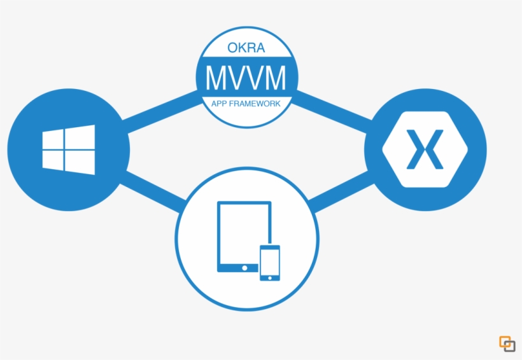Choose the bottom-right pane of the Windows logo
[x=81, y=163]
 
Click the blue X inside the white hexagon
[x=425, y=149]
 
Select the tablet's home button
[x=244, y=268]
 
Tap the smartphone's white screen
[x=269, y=260]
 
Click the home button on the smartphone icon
[x=269, y=277]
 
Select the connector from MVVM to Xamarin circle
[x=331, y=107]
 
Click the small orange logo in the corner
[x=507, y=343]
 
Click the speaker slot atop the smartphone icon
[x=269, y=248]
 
